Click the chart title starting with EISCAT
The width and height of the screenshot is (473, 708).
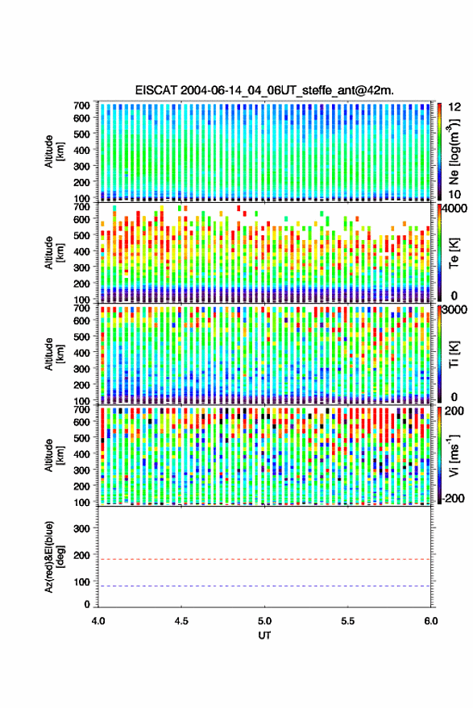tap(264, 90)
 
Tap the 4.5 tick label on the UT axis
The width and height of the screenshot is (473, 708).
tap(181, 621)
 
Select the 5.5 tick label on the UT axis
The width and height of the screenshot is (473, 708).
tap(347, 621)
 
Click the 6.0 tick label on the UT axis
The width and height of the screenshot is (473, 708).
tap(430, 621)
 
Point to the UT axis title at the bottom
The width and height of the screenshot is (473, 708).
tap(264, 636)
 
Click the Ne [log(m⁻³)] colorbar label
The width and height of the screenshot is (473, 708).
tap(454, 151)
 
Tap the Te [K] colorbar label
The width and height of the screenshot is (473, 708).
tap(454, 253)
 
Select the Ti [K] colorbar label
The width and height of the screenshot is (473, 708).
tap(454, 355)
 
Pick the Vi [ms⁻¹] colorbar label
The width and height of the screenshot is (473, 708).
tap(454, 455)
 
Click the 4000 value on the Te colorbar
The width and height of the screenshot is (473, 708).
tap(455, 209)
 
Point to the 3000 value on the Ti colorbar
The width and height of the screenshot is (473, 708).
tap(455, 310)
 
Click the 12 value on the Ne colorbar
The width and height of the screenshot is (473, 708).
tap(454, 107)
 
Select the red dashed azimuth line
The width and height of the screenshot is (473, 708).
tap(264, 560)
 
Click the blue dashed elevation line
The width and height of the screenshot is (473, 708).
tap(264, 586)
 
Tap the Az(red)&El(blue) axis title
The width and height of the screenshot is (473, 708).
tap(54, 557)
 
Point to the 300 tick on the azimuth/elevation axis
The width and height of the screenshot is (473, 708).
tap(81, 528)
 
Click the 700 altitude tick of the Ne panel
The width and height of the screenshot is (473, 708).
tap(81, 106)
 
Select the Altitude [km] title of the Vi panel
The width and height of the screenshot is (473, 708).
tap(54, 455)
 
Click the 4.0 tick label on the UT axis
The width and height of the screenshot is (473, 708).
tap(98, 621)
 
